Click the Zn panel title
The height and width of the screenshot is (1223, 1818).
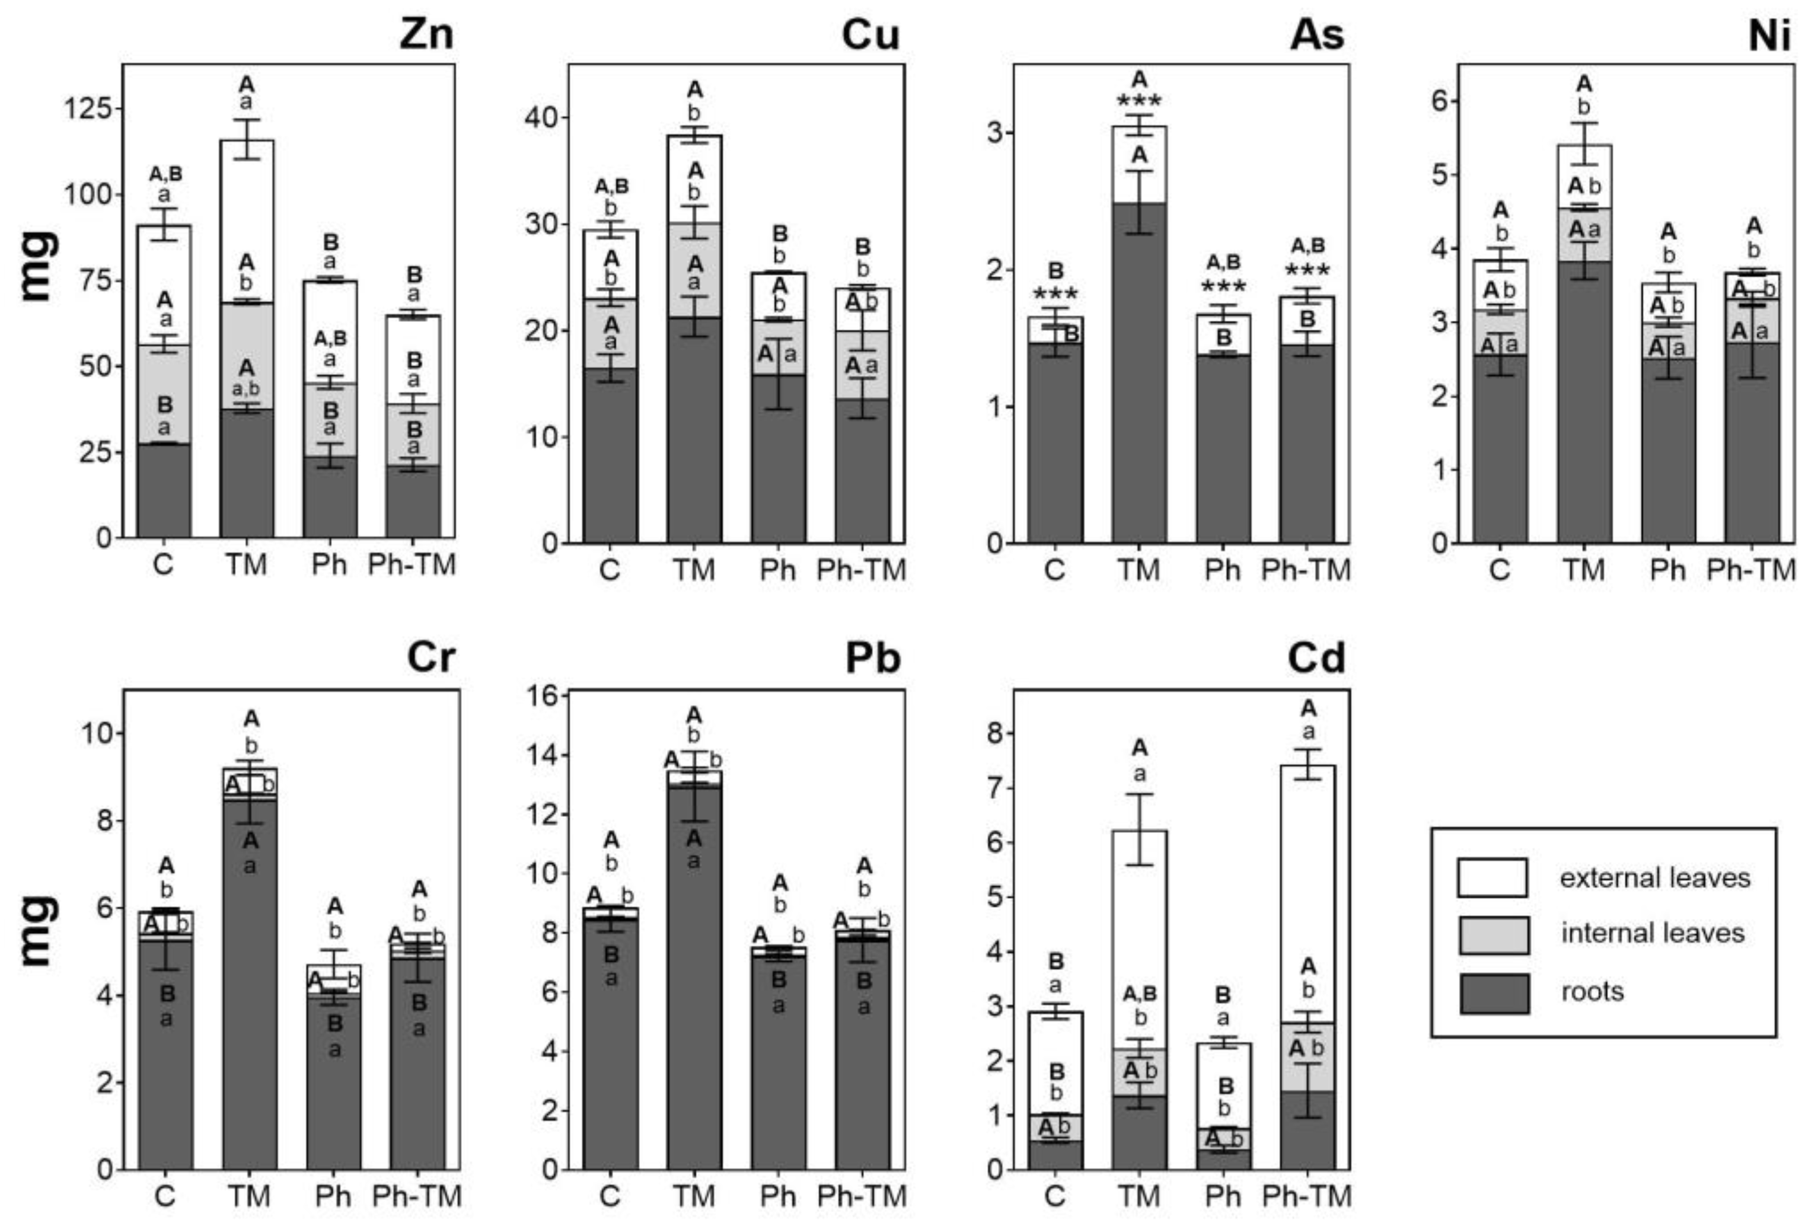(426, 34)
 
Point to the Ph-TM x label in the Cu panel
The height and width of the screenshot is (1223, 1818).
(861, 570)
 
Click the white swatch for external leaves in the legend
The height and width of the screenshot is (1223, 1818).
(1492, 877)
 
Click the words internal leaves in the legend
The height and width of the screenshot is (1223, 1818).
(1652, 933)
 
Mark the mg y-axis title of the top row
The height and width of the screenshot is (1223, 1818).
(39, 265)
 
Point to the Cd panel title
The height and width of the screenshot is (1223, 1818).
(1316, 658)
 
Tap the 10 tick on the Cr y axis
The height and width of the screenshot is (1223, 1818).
(96, 733)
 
